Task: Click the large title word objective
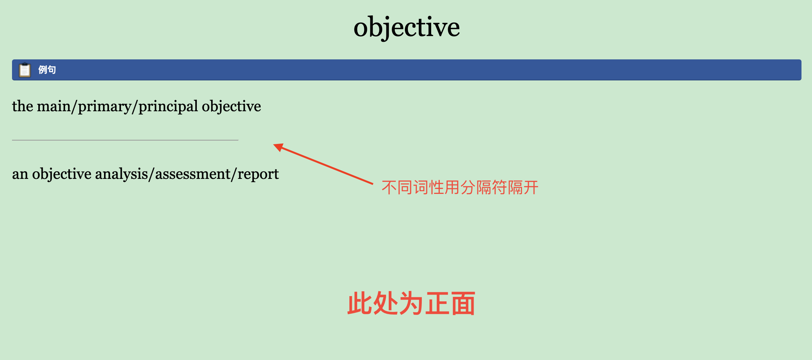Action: point(406,27)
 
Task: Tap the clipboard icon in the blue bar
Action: point(25,70)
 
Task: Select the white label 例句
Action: point(47,70)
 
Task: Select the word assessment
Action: point(193,174)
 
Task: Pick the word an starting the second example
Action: point(20,174)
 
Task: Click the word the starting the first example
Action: point(23,106)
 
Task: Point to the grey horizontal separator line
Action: point(125,140)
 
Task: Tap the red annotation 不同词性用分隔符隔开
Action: point(460,187)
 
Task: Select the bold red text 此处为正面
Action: point(411,304)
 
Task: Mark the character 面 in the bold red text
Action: point(463,304)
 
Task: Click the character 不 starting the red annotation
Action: point(389,187)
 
